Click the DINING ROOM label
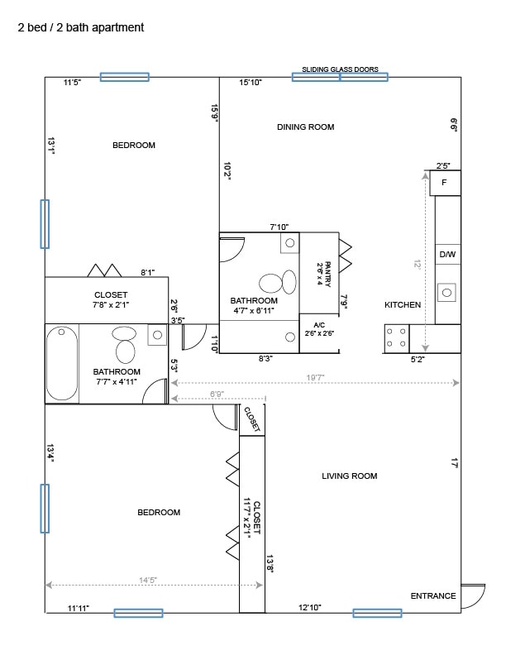pos(305,127)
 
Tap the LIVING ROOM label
pos(349,476)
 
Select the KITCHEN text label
pos(403,305)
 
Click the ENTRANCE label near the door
pos(433,595)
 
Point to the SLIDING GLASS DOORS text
pos(340,69)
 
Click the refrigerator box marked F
pos(445,182)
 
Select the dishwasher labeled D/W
pos(447,255)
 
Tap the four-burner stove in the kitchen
pos(396,337)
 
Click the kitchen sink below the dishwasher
pos(447,292)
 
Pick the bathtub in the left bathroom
pos(62,363)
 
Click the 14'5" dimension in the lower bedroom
pos(148,581)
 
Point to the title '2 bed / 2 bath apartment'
pos(81,27)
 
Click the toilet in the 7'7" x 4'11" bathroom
pos(125,345)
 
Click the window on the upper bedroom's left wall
pos(45,224)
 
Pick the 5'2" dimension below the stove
pos(420,360)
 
